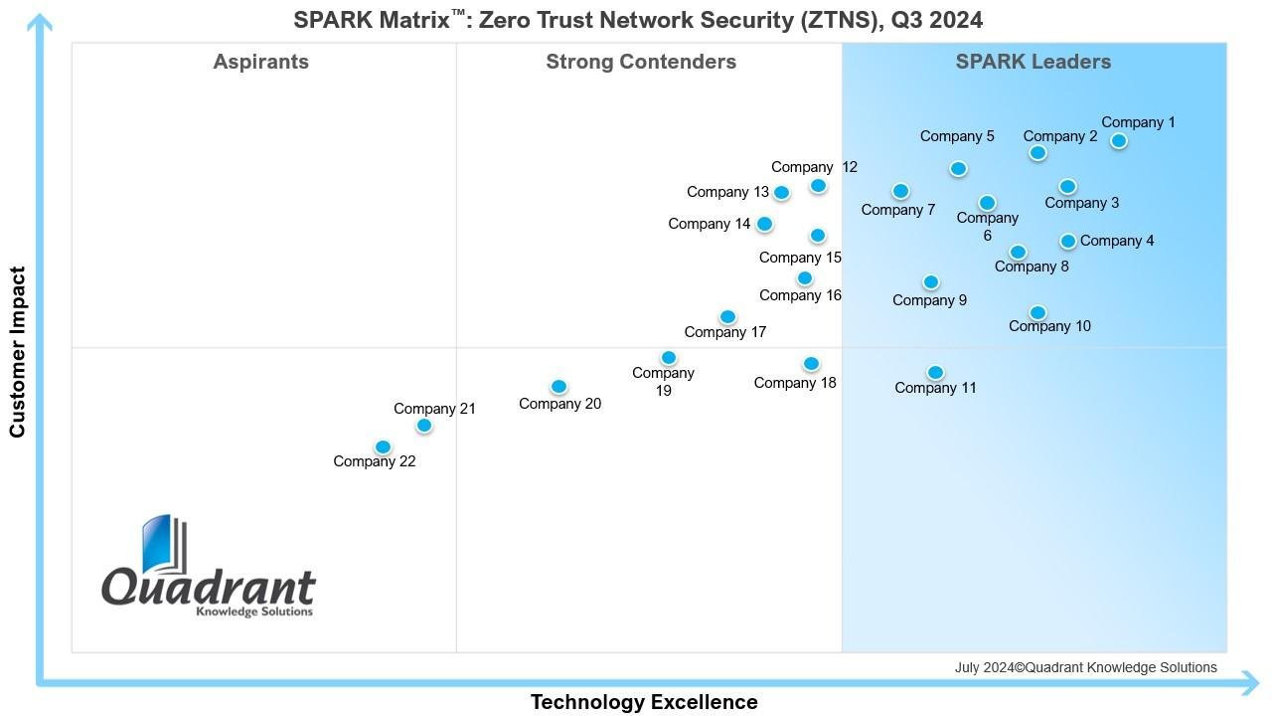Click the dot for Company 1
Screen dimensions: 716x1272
pos(1118,141)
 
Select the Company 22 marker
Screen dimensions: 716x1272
pos(383,447)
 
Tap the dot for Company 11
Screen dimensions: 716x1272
pos(935,373)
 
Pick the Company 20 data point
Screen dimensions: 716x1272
pos(558,387)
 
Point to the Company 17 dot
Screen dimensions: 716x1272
pos(727,317)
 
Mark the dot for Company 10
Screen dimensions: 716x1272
pos(1037,313)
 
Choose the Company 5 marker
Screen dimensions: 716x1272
pos(958,169)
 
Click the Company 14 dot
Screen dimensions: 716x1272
pos(764,225)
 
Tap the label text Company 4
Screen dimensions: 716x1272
pos(1117,241)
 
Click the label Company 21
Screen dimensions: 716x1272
pos(434,409)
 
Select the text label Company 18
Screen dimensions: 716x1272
pos(795,383)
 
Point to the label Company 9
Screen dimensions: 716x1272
pos(929,300)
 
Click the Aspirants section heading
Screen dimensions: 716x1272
pos(261,62)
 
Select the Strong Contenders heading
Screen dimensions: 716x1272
pos(641,62)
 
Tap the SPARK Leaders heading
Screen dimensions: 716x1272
pos(1033,62)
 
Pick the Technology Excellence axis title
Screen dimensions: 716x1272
pos(644,702)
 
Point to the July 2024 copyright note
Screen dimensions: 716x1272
pos(1085,667)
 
